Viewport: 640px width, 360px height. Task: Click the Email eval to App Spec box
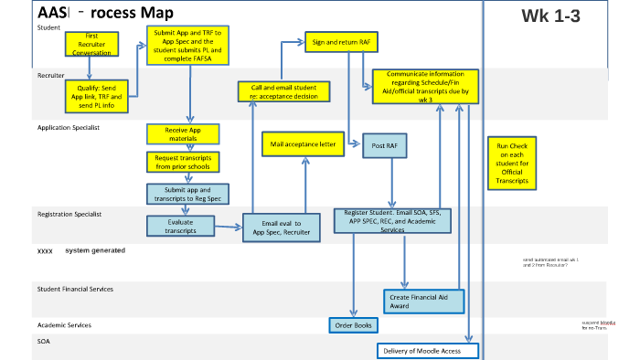(x=281, y=228)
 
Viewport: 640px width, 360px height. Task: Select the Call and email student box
(x=283, y=91)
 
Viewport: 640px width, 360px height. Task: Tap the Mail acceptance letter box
(x=303, y=144)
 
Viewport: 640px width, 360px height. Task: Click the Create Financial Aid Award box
(x=424, y=301)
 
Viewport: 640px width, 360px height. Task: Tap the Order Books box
(x=354, y=325)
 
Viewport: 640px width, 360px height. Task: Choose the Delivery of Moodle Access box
(x=427, y=351)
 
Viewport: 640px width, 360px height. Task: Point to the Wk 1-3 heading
(x=549, y=15)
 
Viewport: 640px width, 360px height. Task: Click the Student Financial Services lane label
(x=75, y=289)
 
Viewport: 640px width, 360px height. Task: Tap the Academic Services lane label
(x=64, y=325)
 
